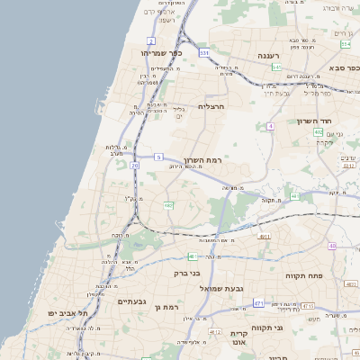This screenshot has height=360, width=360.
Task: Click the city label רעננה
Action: pos(269,56)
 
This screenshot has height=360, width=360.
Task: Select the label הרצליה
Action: pos(210,106)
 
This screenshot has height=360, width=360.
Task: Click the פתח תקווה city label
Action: pos(304,275)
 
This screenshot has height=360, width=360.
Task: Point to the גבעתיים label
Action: pos(132,301)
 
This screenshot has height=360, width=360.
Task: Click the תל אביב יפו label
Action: pos(67,313)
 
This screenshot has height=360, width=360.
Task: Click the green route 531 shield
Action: pos(204,53)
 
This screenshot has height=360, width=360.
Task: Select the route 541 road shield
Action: pos(277,67)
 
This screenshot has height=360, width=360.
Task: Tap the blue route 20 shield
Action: pos(134,166)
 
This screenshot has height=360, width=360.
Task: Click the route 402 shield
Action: pos(319,132)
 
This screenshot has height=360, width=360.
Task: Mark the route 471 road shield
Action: pos(258,304)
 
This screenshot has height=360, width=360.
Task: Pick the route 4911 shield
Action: pos(264,237)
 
